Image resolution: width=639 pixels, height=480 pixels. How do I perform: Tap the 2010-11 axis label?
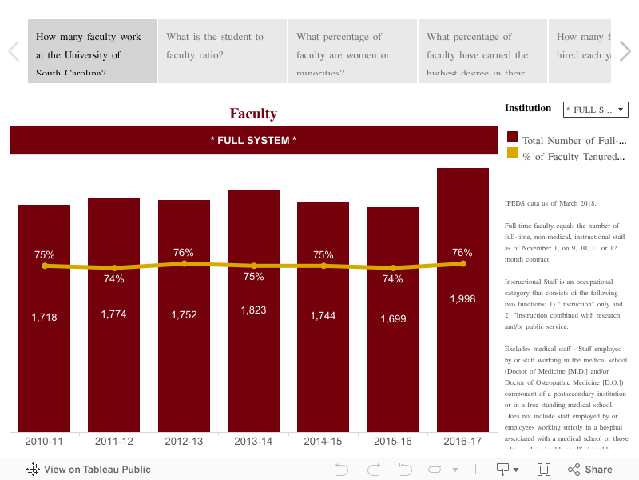click(x=44, y=442)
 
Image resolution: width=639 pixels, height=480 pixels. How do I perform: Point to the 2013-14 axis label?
click(x=253, y=442)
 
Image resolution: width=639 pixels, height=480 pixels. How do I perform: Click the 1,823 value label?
click(x=253, y=310)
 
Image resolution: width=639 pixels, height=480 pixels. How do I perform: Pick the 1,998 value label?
click(x=462, y=298)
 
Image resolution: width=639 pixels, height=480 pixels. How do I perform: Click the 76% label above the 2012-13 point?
click(x=184, y=253)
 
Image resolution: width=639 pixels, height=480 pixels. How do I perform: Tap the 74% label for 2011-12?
click(x=113, y=279)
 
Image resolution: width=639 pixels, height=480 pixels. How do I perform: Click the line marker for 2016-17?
click(x=462, y=263)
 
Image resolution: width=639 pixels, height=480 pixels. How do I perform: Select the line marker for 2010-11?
click(x=45, y=266)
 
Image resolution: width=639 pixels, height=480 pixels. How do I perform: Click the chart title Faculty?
click(x=253, y=114)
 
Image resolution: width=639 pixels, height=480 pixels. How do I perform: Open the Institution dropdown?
click(x=596, y=110)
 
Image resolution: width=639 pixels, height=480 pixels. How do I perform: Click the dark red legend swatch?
click(x=513, y=138)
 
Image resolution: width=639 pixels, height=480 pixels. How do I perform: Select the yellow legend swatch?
click(x=513, y=153)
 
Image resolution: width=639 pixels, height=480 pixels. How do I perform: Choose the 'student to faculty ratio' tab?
click(x=222, y=51)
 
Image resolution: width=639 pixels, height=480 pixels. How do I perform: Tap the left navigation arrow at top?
click(x=14, y=51)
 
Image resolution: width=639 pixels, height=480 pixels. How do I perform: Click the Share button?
click(x=590, y=470)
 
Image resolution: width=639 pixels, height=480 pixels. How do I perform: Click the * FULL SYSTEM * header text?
click(x=253, y=141)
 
